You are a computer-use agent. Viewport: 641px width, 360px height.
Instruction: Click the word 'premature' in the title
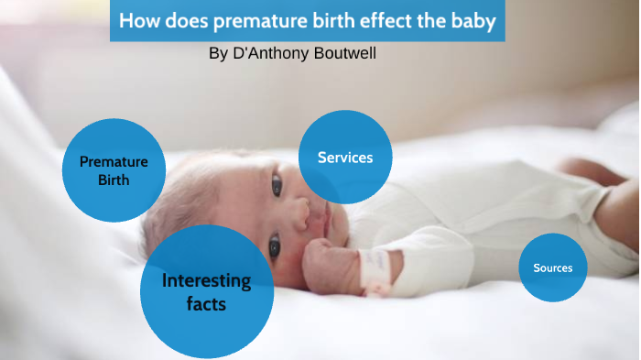[x=252, y=21]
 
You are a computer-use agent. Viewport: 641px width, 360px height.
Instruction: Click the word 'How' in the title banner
[x=139, y=21]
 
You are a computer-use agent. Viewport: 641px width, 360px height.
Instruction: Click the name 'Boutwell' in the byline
[x=344, y=54]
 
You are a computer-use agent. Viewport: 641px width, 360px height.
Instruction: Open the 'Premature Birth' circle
[x=114, y=170]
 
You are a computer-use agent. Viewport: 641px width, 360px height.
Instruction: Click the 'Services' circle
[x=345, y=157]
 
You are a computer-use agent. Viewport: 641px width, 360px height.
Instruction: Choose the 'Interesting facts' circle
[x=206, y=291]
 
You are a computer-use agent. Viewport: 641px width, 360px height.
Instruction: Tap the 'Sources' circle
[x=553, y=267]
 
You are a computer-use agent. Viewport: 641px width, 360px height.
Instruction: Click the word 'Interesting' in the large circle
[x=206, y=279]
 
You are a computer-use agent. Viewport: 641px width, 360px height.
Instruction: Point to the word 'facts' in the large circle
[x=206, y=304]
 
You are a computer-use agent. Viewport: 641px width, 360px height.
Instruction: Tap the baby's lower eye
[x=274, y=245]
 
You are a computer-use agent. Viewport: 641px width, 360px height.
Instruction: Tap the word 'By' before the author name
[x=218, y=54]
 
